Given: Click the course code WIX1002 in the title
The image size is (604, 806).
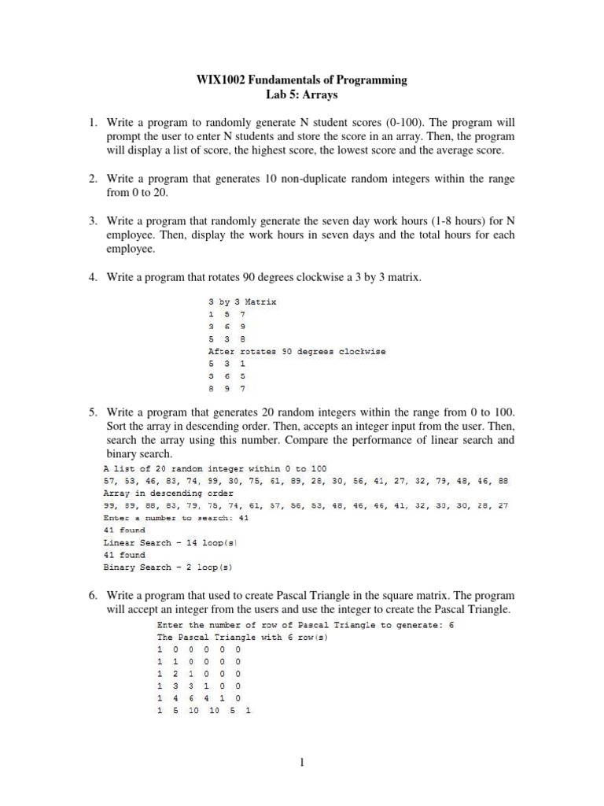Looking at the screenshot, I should [x=221, y=80].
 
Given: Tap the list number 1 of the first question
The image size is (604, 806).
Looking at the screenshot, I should [x=92, y=124].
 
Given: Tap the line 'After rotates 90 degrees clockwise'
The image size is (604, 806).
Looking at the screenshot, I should [x=296, y=351].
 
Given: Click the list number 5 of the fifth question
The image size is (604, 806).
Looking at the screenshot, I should [x=92, y=412].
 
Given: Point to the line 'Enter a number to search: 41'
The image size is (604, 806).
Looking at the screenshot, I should [x=175, y=518].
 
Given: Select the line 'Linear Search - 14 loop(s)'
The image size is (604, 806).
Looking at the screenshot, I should [x=171, y=542].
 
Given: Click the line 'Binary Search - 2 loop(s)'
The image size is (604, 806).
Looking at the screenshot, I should [x=171, y=567].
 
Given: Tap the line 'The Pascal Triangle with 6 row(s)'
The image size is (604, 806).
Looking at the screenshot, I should [x=242, y=637].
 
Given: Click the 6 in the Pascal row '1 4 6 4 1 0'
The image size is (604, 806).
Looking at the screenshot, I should [x=191, y=698].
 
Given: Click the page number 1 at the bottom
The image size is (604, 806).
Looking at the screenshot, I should [x=302, y=763].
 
